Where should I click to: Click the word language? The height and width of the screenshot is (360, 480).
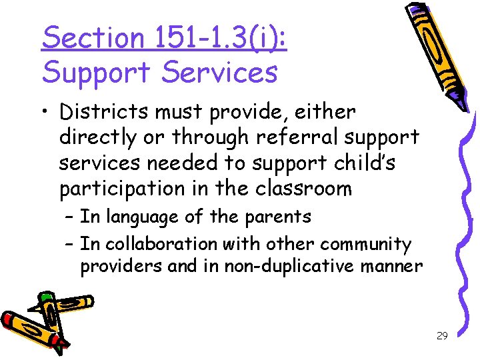(x=142, y=217)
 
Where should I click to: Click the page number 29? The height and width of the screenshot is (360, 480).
(x=441, y=336)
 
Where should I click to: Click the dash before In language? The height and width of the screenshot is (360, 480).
(x=69, y=217)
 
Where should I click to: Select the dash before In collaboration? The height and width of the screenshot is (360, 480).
(x=69, y=245)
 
